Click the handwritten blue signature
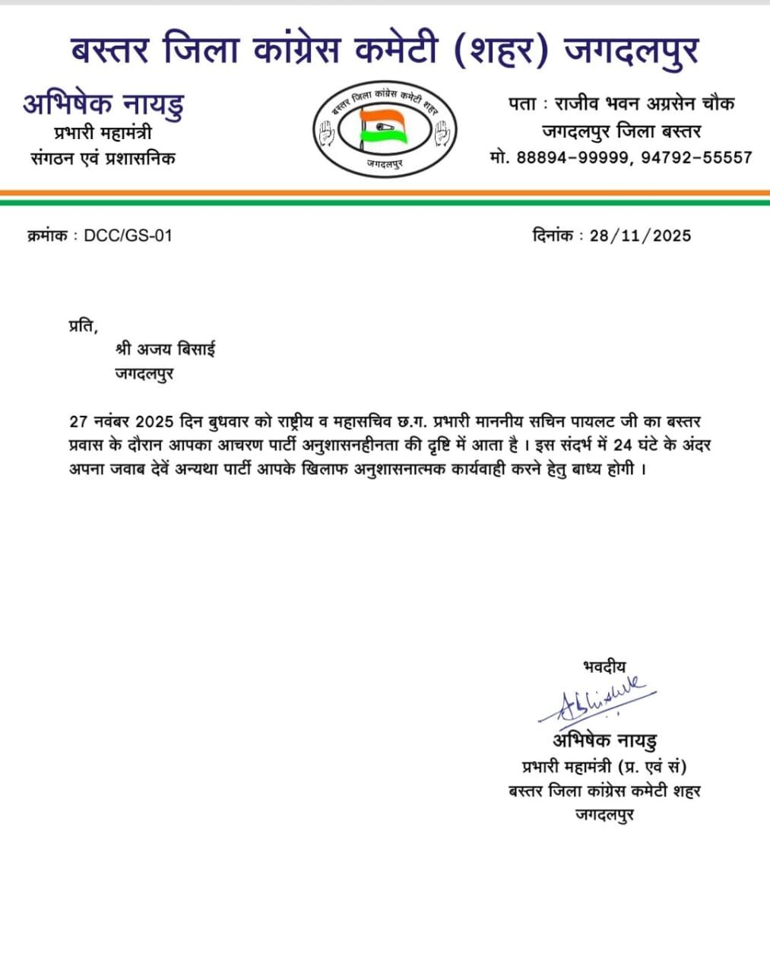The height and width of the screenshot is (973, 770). (597, 699)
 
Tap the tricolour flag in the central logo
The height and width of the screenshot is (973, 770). (384, 125)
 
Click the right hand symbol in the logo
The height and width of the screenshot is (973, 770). (442, 133)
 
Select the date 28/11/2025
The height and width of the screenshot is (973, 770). (640, 236)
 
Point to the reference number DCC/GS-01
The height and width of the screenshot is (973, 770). (128, 236)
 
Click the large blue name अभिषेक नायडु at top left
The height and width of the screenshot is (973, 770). (103, 105)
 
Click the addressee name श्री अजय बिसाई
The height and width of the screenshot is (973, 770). (166, 350)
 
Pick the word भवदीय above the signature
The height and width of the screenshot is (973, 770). (605, 667)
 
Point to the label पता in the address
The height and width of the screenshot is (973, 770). (524, 104)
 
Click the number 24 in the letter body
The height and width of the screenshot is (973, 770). (623, 445)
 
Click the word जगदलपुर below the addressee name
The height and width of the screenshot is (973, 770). (144, 373)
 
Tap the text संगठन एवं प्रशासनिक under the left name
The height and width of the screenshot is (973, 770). (103, 158)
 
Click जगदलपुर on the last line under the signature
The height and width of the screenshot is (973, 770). (605, 815)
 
